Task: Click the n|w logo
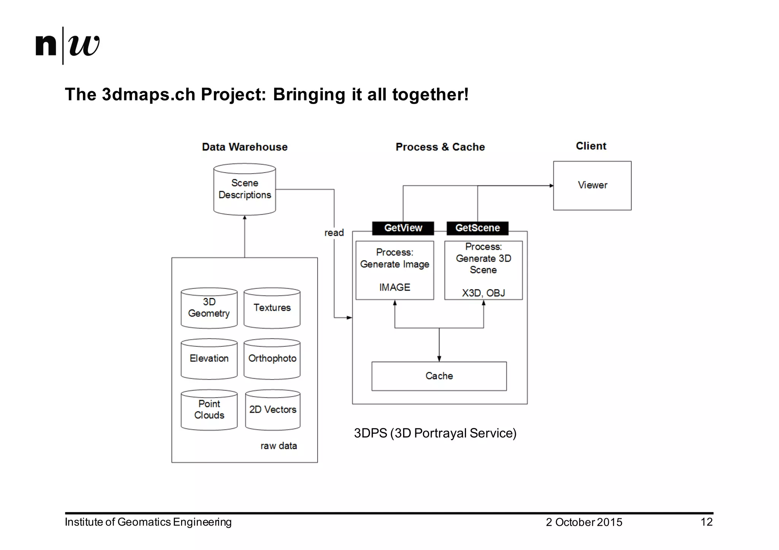click(x=67, y=46)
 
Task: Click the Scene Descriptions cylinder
click(x=245, y=190)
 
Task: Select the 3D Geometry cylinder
click(x=209, y=308)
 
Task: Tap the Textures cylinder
click(x=272, y=308)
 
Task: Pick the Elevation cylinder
click(x=209, y=359)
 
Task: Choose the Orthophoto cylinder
click(x=272, y=359)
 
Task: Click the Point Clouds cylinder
click(x=209, y=410)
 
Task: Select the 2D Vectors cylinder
click(x=273, y=410)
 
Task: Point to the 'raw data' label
click(x=278, y=446)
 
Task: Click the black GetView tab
click(x=403, y=228)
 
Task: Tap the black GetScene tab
click(x=477, y=228)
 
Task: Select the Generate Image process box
click(x=395, y=270)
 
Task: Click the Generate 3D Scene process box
click(x=483, y=270)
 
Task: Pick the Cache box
click(x=439, y=376)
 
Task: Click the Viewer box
click(x=592, y=185)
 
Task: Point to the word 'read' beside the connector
click(x=334, y=233)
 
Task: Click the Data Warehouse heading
click(x=245, y=147)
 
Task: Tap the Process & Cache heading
click(x=440, y=147)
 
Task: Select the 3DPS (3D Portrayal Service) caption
click(x=435, y=433)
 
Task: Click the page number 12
click(x=706, y=522)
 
